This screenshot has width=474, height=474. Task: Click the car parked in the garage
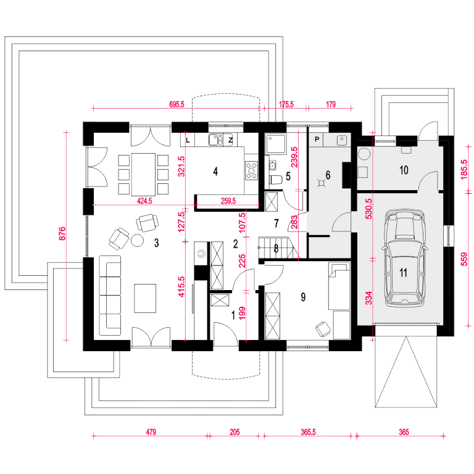tap(404, 259)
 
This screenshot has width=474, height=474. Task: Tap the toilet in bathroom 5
tap(275, 180)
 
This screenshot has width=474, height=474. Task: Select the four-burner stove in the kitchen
tap(251, 170)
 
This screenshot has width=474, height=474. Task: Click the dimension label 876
tap(62, 233)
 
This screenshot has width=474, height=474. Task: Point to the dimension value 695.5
tap(177, 104)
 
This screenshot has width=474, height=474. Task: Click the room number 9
tap(303, 297)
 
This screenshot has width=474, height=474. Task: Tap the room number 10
tap(404, 170)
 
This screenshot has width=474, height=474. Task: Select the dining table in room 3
tap(143, 175)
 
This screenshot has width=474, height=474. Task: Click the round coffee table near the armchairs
tap(137, 240)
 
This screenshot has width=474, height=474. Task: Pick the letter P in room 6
tap(317, 139)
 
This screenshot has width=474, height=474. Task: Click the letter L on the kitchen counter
tap(188, 140)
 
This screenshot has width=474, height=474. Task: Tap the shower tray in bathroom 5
tap(275, 144)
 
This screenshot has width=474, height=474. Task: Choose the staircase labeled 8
tap(276, 247)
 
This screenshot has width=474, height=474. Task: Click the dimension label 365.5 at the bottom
tap(308, 432)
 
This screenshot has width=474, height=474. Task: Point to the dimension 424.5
tap(144, 201)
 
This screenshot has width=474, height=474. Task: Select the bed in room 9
tap(339, 286)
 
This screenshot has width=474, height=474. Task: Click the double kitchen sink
tap(216, 139)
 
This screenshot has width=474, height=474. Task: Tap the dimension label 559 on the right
tap(464, 259)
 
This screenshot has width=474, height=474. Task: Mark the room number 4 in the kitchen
tap(215, 172)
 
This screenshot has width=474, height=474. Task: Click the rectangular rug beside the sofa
tap(145, 298)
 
